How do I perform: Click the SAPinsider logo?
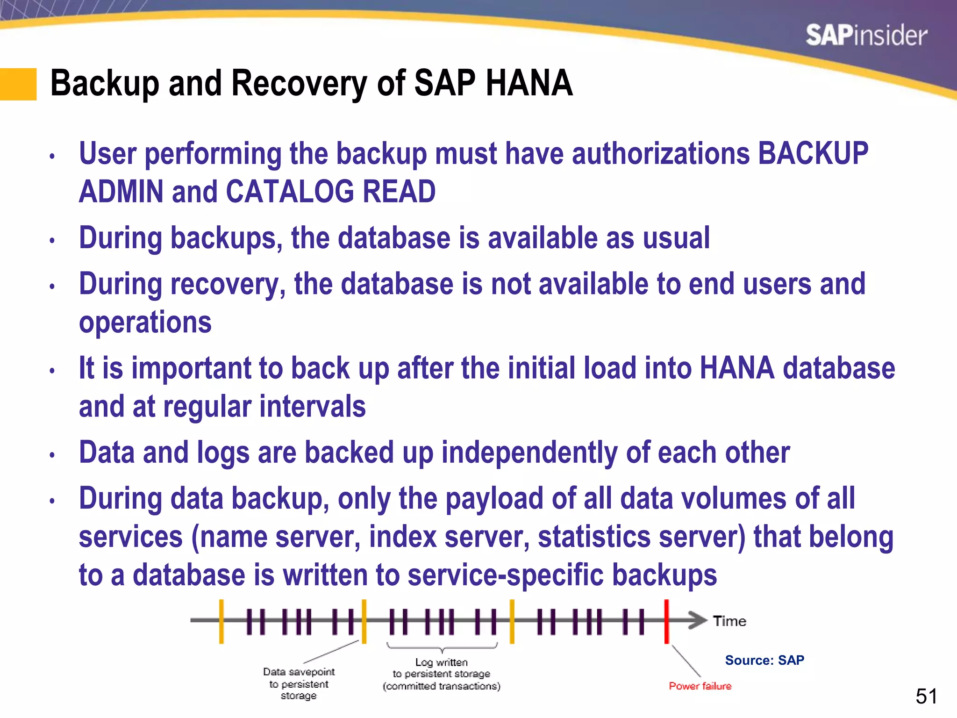(866, 36)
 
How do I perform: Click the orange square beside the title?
(18, 84)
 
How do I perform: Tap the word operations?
(145, 323)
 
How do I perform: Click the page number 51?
(926, 696)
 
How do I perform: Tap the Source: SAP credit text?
(764, 660)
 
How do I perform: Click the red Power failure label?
(700, 686)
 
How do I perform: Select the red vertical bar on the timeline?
(666, 622)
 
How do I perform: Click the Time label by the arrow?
(729, 621)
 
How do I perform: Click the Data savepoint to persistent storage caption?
(299, 683)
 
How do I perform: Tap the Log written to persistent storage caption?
(441, 674)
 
